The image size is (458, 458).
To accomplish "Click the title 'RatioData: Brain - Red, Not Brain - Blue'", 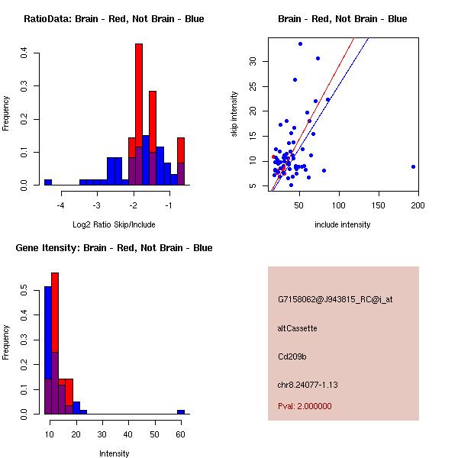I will (114, 19).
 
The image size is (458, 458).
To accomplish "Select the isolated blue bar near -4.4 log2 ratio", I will (48, 182).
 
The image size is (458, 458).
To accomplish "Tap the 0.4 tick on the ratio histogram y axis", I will (24, 53).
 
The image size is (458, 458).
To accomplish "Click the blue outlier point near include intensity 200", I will (413, 166).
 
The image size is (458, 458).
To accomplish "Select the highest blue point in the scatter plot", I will (300, 44).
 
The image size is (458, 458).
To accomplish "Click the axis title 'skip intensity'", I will (234, 114).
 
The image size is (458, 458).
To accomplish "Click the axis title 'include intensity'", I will (343, 224).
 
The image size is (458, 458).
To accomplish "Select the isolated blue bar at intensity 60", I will (181, 411).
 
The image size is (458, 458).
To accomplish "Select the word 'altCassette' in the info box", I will (298, 328).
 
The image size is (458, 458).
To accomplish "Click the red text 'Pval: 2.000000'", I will (305, 406).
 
